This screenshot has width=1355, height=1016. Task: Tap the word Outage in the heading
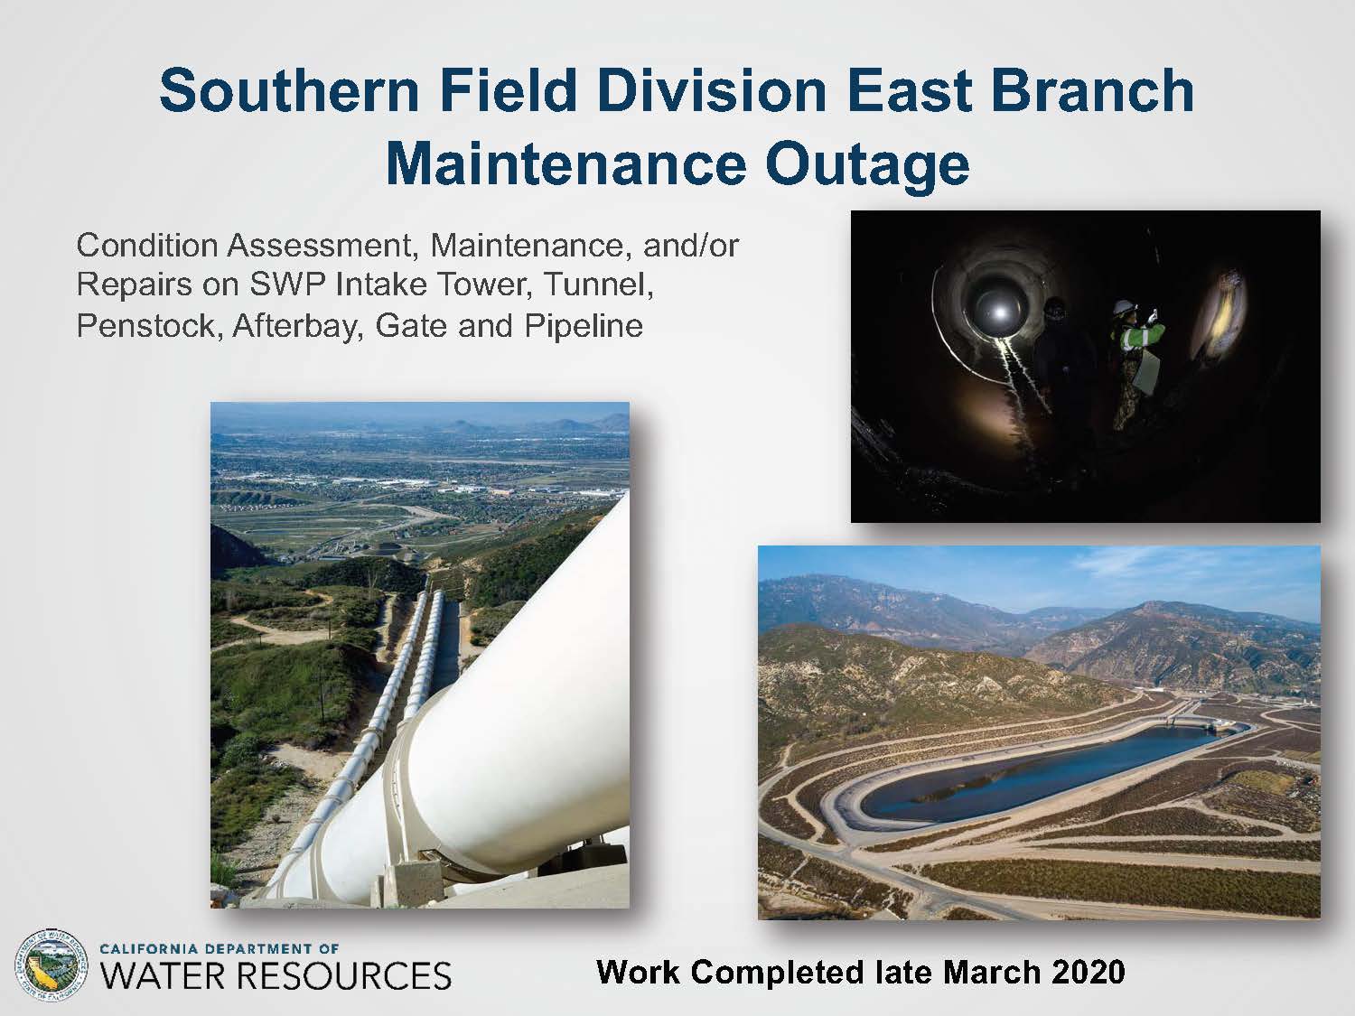coord(866,165)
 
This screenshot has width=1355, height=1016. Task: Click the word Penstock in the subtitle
coord(148,326)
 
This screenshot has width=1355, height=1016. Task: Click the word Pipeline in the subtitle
coord(584,327)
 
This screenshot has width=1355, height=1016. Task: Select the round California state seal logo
coord(51,965)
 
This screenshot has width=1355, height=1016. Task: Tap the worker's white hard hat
coord(1124,306)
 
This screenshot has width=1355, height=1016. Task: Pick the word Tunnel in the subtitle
coord(595,286)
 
